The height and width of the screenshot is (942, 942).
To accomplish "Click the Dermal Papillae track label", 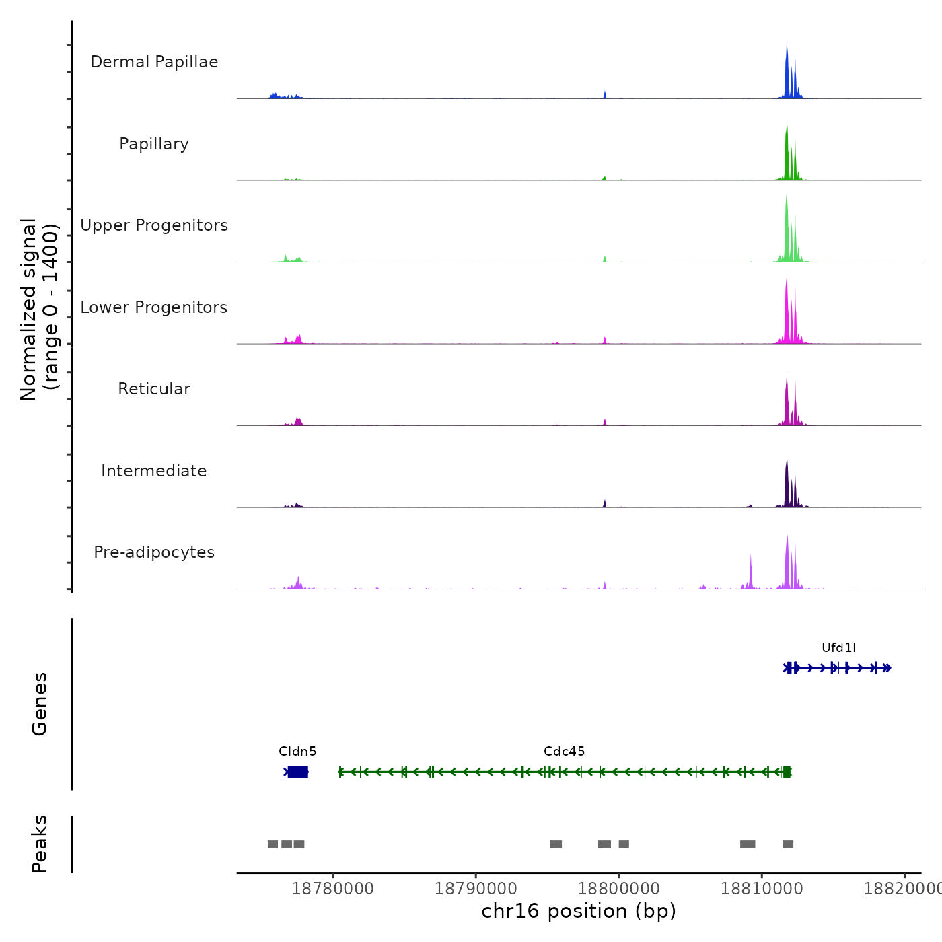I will click(154, 62).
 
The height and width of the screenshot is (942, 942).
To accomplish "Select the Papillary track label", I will click(154, 144).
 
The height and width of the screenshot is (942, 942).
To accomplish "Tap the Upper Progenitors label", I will click(154, 225).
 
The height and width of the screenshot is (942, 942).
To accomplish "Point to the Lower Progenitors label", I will click(154, 307).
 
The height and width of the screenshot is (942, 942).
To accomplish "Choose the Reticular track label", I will click(154, 389).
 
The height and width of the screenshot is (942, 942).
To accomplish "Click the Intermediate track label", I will click(154, 471).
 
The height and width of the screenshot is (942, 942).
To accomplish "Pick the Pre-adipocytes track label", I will click(154, 552).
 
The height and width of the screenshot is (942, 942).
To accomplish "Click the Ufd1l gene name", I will click(838, 648).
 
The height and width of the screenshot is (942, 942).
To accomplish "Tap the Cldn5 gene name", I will click(297, 752).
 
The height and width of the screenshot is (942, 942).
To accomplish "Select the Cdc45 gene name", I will click(564, 752).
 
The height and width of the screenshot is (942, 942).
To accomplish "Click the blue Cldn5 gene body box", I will click(297, 772).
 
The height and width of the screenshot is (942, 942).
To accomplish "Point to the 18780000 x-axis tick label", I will click(333, 889).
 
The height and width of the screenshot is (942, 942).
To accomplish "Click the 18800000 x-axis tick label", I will click(619, 889).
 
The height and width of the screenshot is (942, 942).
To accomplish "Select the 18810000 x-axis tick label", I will click(762, 889).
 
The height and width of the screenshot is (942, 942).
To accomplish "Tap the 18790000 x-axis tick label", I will click(476, 889).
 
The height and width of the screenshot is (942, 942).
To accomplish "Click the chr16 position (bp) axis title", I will click(579, 911).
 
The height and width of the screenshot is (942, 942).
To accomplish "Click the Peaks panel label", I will click(40, 844).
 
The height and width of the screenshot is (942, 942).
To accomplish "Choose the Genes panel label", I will click(40, 704).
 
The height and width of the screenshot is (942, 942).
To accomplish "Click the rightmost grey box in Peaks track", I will click(788, 844).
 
